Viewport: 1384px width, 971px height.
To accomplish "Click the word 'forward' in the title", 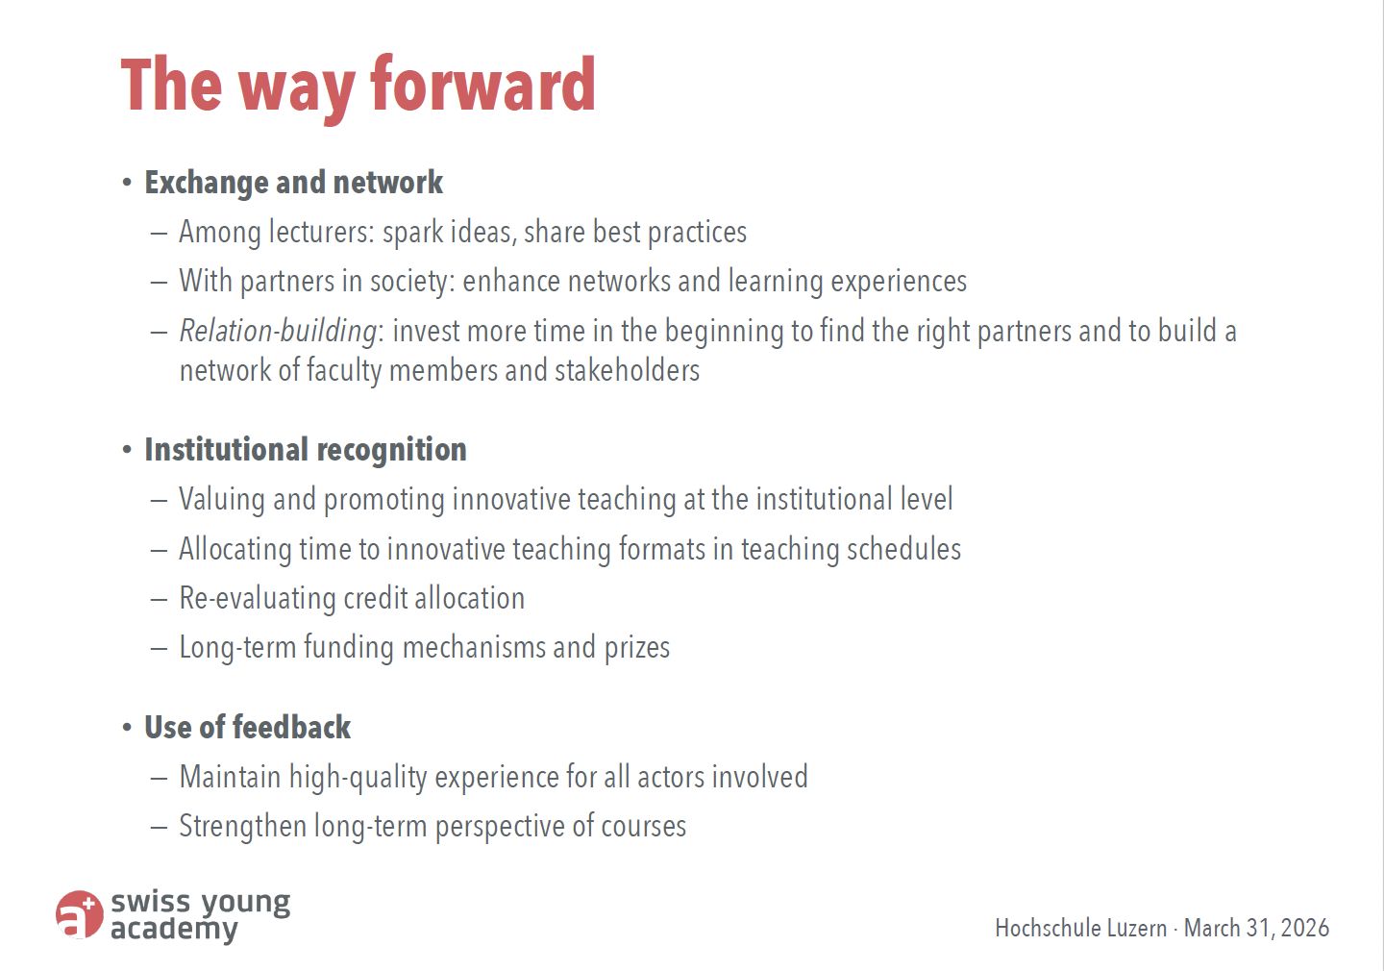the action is [x=482, y=84].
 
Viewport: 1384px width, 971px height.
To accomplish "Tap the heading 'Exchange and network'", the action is [x=293, y=183].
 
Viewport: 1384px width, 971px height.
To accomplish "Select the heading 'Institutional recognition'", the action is [x=306, y=450].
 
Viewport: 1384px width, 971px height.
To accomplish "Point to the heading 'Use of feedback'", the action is [x=247, y=727].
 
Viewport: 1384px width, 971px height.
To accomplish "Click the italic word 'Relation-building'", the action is [x=278, y=332].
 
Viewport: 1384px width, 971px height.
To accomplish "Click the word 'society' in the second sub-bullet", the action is [x=412, y=282].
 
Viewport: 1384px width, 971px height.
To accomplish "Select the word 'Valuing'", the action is [x=222, y=499].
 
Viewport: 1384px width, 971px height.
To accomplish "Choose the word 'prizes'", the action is [x=637, y=648].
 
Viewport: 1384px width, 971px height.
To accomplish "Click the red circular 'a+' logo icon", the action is [x=79, y=914].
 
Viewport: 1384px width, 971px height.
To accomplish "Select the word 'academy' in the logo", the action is [x=174, y=930].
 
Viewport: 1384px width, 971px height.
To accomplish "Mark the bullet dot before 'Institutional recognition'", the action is [x=127, y=450].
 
